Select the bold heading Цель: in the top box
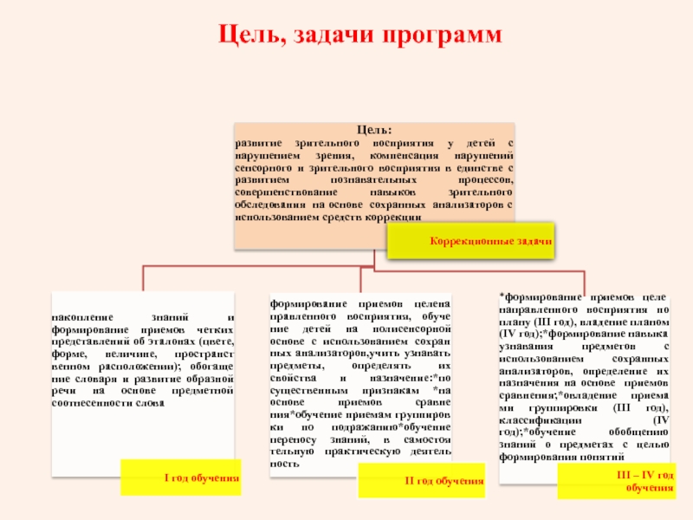click(374, 129)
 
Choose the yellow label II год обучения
click(445, 481)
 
